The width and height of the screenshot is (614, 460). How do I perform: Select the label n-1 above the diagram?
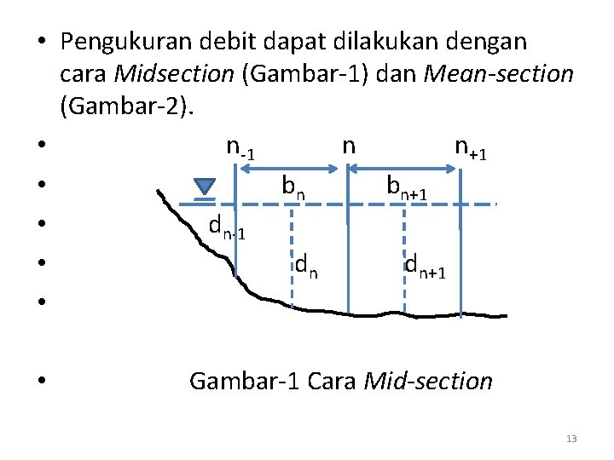click(240, 147)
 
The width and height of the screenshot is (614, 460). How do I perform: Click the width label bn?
click(293, 186)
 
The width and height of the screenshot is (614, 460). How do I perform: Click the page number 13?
click(571, 439)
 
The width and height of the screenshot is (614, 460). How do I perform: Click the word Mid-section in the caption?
click(428, 381)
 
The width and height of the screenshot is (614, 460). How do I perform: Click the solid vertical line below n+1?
click(460, 256)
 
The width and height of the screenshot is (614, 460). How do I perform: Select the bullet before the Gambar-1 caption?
click(42, 381)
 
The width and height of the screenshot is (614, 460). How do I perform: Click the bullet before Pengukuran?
click(42, 42)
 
